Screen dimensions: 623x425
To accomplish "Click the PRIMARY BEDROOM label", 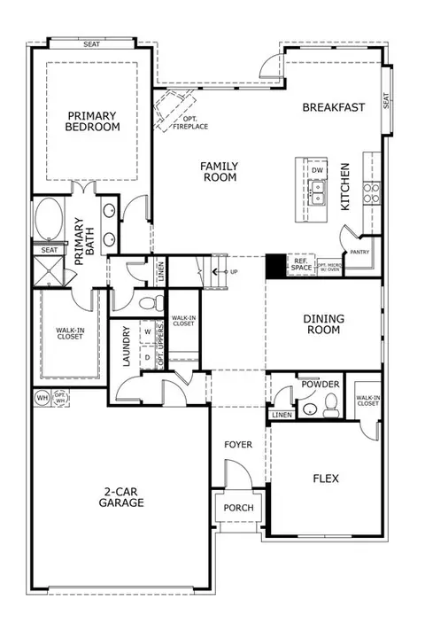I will click(91, 120).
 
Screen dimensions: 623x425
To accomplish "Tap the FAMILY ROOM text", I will click(218, 171).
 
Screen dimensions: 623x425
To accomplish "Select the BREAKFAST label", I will click(333, 107).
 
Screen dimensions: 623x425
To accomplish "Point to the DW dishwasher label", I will click(317, 170).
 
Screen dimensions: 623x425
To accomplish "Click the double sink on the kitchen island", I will click(317, 194).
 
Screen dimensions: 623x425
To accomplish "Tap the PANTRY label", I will click(359, 252).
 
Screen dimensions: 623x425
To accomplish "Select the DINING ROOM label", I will click(323, 325).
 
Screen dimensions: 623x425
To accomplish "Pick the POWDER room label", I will click(320, 385).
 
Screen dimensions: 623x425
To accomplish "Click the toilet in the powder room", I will click(328, 405).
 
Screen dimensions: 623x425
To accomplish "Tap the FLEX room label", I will click(325, 479).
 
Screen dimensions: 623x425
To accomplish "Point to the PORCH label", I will click(237, 508).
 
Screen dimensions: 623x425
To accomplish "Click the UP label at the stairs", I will click(234, 271).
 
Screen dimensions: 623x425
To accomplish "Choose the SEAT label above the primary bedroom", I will click(90, 43).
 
